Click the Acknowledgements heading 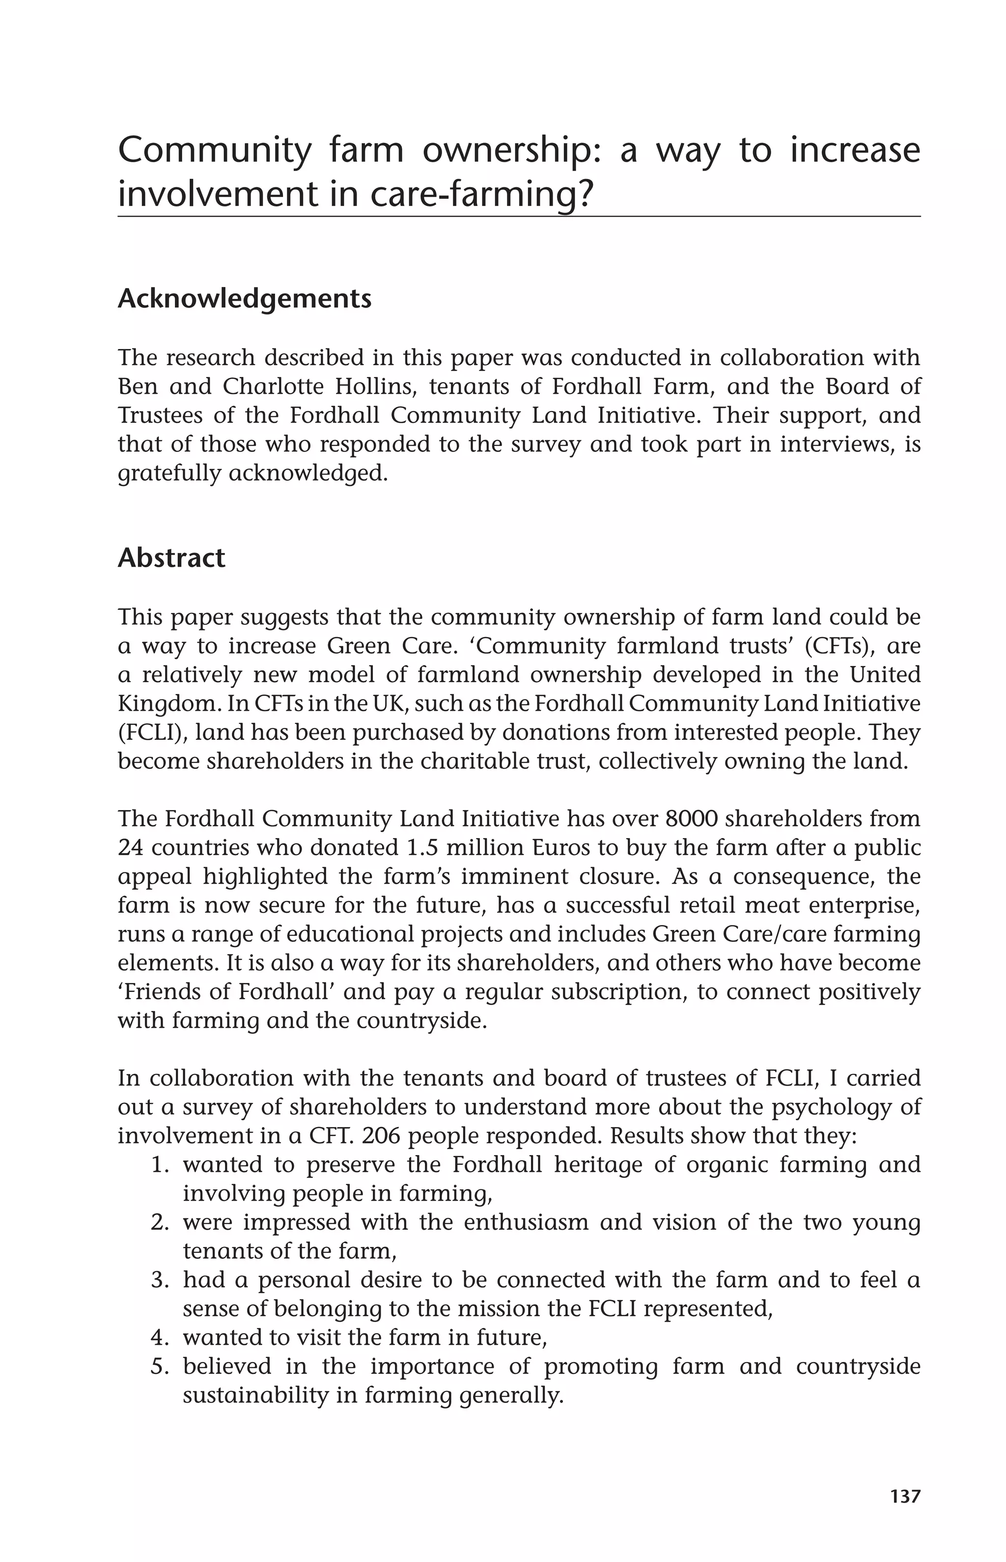(x=244, y=299)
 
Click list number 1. (x=160, y=1165)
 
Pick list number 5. (x=160, y=1366)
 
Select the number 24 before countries (x=131, y=848)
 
